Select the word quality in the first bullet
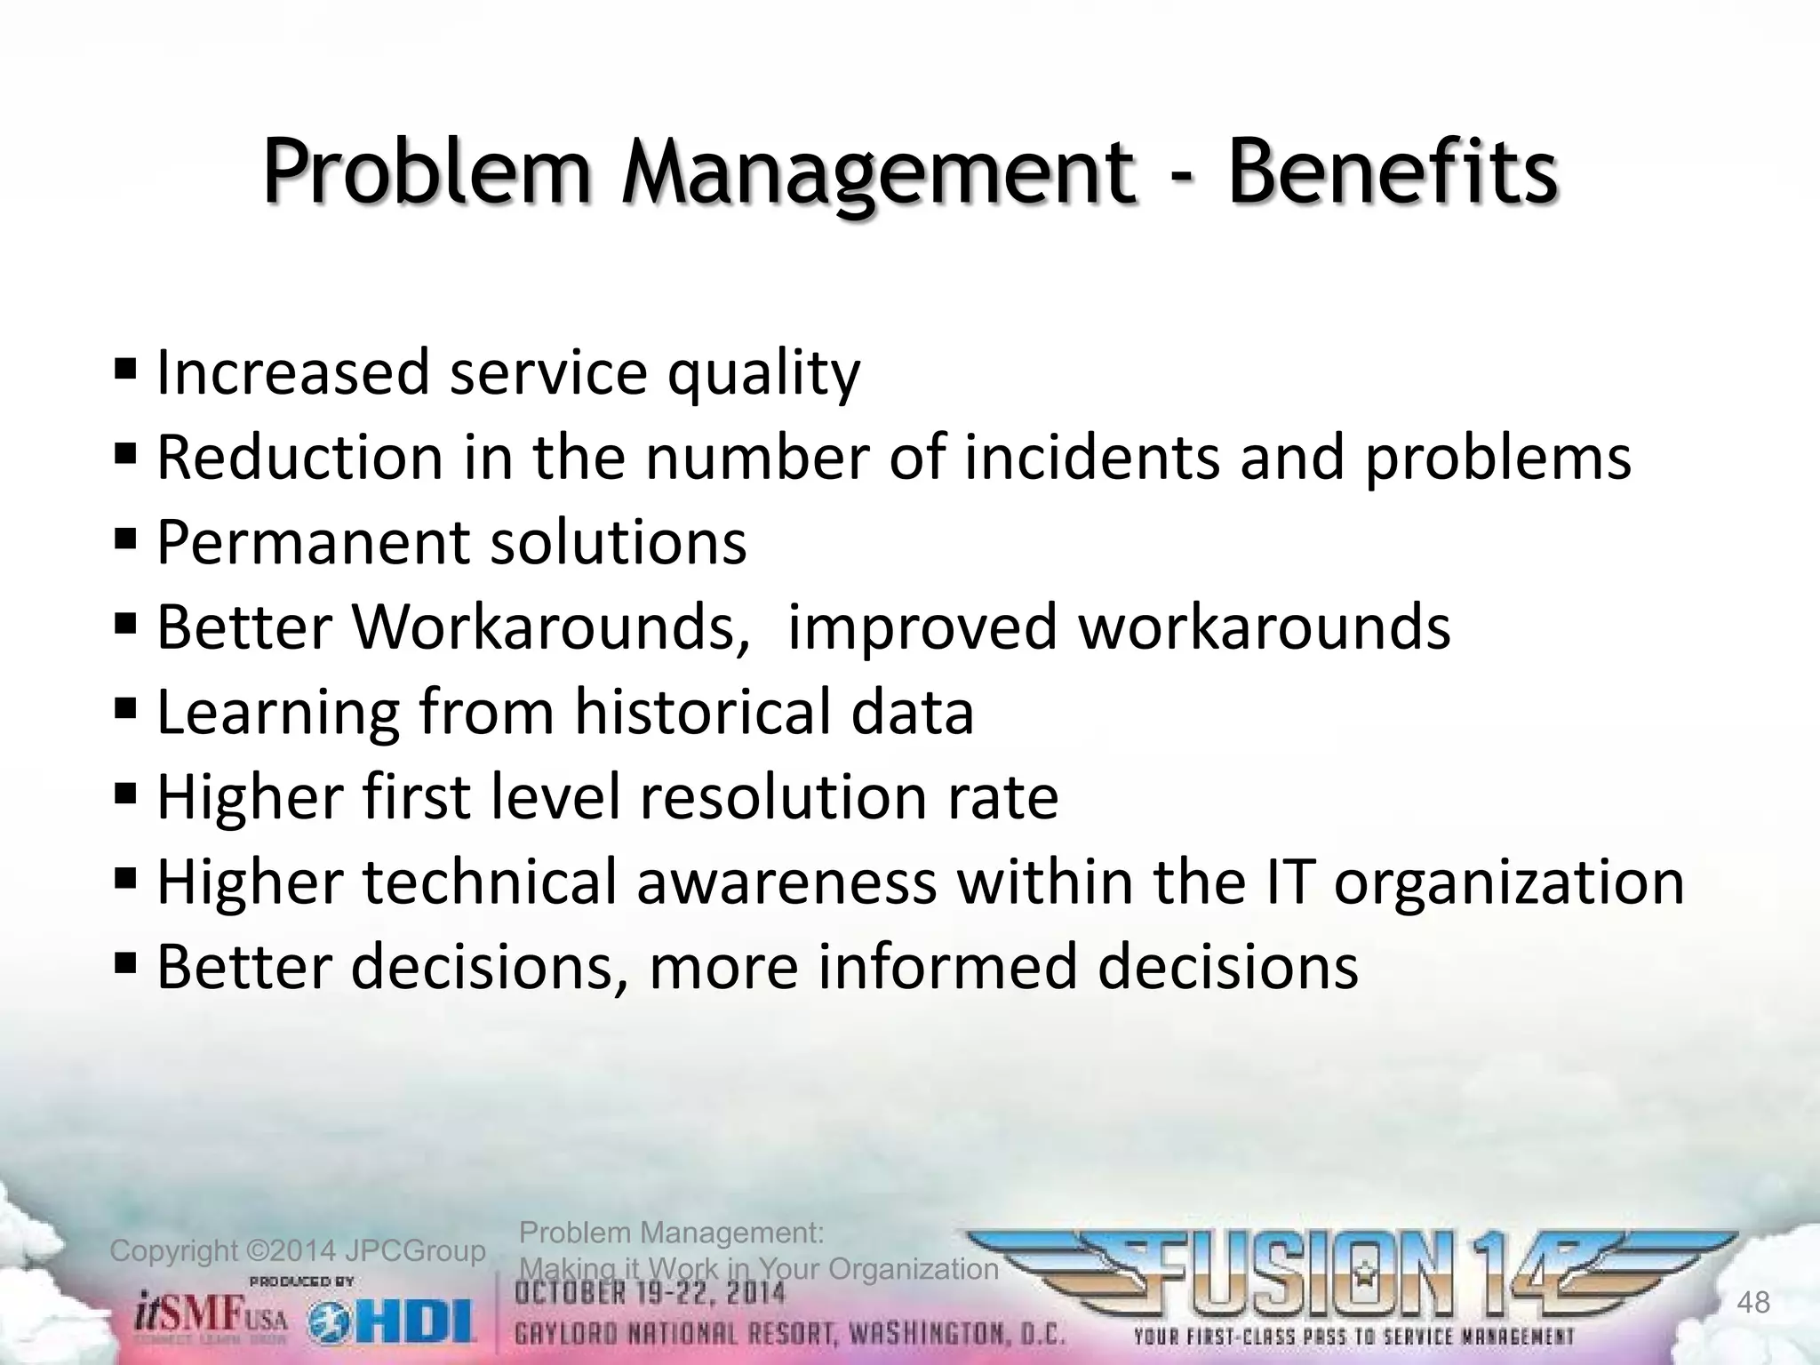(763, 373)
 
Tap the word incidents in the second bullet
(1092, 458)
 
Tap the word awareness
(786, 882)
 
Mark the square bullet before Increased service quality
(125, 366)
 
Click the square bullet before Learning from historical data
(125, 706)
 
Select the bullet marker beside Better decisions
(125, 961)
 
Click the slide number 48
(1752, 1303)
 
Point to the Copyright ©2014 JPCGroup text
(297, 1251)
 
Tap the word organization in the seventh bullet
(1508, 882)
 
